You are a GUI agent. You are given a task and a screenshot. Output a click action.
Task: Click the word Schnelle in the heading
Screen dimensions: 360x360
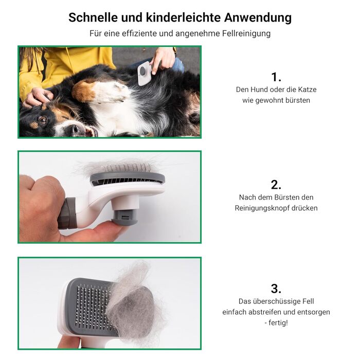(x=93, y=17)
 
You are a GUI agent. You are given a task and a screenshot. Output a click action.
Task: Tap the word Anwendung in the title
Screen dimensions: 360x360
(x=258, y=17)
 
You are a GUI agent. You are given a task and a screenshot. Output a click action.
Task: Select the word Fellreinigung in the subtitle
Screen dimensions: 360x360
(x=246, y=33)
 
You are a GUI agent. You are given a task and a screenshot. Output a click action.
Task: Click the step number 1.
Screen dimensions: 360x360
(x=276, y=77)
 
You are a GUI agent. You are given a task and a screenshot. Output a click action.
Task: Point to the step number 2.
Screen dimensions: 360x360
(x=276, y=185)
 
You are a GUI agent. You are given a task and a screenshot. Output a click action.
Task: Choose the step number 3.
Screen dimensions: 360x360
(x=276, y=289)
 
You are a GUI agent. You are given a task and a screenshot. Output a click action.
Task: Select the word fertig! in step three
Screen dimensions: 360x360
(x=278, y=323)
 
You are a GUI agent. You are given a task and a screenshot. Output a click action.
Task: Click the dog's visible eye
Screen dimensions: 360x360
(x=42, y=120)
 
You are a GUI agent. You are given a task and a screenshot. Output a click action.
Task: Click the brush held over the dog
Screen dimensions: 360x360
(x=145, y=74)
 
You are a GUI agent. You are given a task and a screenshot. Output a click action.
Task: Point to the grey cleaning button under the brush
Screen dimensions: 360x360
(x=125, y=217)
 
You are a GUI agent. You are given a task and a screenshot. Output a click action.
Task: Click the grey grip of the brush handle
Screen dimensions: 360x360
(x=67, y=213)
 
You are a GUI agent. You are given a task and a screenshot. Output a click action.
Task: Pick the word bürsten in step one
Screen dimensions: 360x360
(x=298, y=100)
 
